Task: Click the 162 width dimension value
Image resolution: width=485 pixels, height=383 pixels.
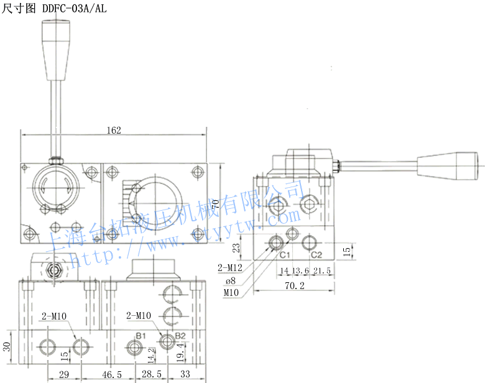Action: pyautogui.click(x=113, y=130)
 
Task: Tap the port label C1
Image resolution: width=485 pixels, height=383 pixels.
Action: pyautogui.click(x=284, y=255)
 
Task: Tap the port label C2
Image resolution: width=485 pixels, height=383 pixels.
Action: pyautogui.click(x=316, y=255)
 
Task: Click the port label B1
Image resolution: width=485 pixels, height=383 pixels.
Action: pyautogui.click(x=141, y=336)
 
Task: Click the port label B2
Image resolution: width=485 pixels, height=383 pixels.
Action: pyautogui.click(x=180, y=336)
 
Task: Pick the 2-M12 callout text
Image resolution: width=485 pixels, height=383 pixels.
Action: pyautogui.click(x=230, y=268)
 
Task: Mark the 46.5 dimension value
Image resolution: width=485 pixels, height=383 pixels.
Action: pyautogui.click(x=112, y=375)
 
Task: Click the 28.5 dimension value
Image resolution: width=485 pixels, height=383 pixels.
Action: pyautogui.click(x=151, y=375)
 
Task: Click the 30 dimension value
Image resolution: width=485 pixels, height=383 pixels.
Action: pyautogui.click(x=7, y=346)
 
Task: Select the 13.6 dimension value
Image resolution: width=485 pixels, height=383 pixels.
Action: pyautogui.click(x=300, y=270)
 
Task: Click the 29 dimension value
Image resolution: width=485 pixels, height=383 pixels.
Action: pyautogui.click(x=63, y=375)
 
